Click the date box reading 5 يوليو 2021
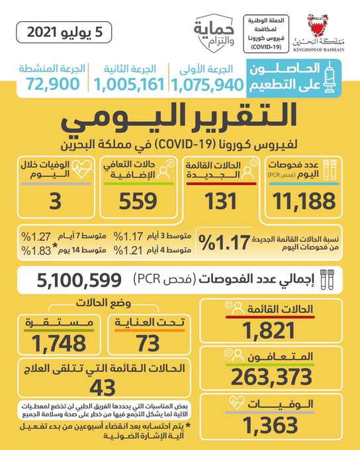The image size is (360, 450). click(x=64, y=32)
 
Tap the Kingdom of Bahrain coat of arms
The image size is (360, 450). click(x=318, y=25)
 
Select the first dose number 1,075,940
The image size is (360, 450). click(x=207, y=85)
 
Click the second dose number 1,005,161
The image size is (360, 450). click(x=129, y=85)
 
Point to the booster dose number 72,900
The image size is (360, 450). click(x=52, y=84)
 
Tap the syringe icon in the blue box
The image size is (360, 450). click(x=330, y=77)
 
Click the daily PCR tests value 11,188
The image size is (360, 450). click(x=304, y=201)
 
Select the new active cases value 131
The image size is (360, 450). click(x=220, y=201)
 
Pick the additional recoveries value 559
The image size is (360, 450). click(x=138, y=201)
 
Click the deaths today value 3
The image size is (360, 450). click(x=56, y=201)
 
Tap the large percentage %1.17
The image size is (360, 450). click(x=224, y=242)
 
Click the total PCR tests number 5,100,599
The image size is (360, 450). click(x=79, y=280)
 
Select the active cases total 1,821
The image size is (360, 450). click(x=269, y=330)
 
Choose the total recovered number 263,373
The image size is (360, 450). click(x=271, y=377)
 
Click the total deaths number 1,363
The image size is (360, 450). click(x=270, y=426)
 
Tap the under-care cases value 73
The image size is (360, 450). click(x=148, y=343)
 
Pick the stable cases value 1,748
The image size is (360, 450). click(x=59, y=343)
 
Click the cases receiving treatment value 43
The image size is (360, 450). click(x=103, y=388)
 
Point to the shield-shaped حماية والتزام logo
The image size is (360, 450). click(x=214, y=34)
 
